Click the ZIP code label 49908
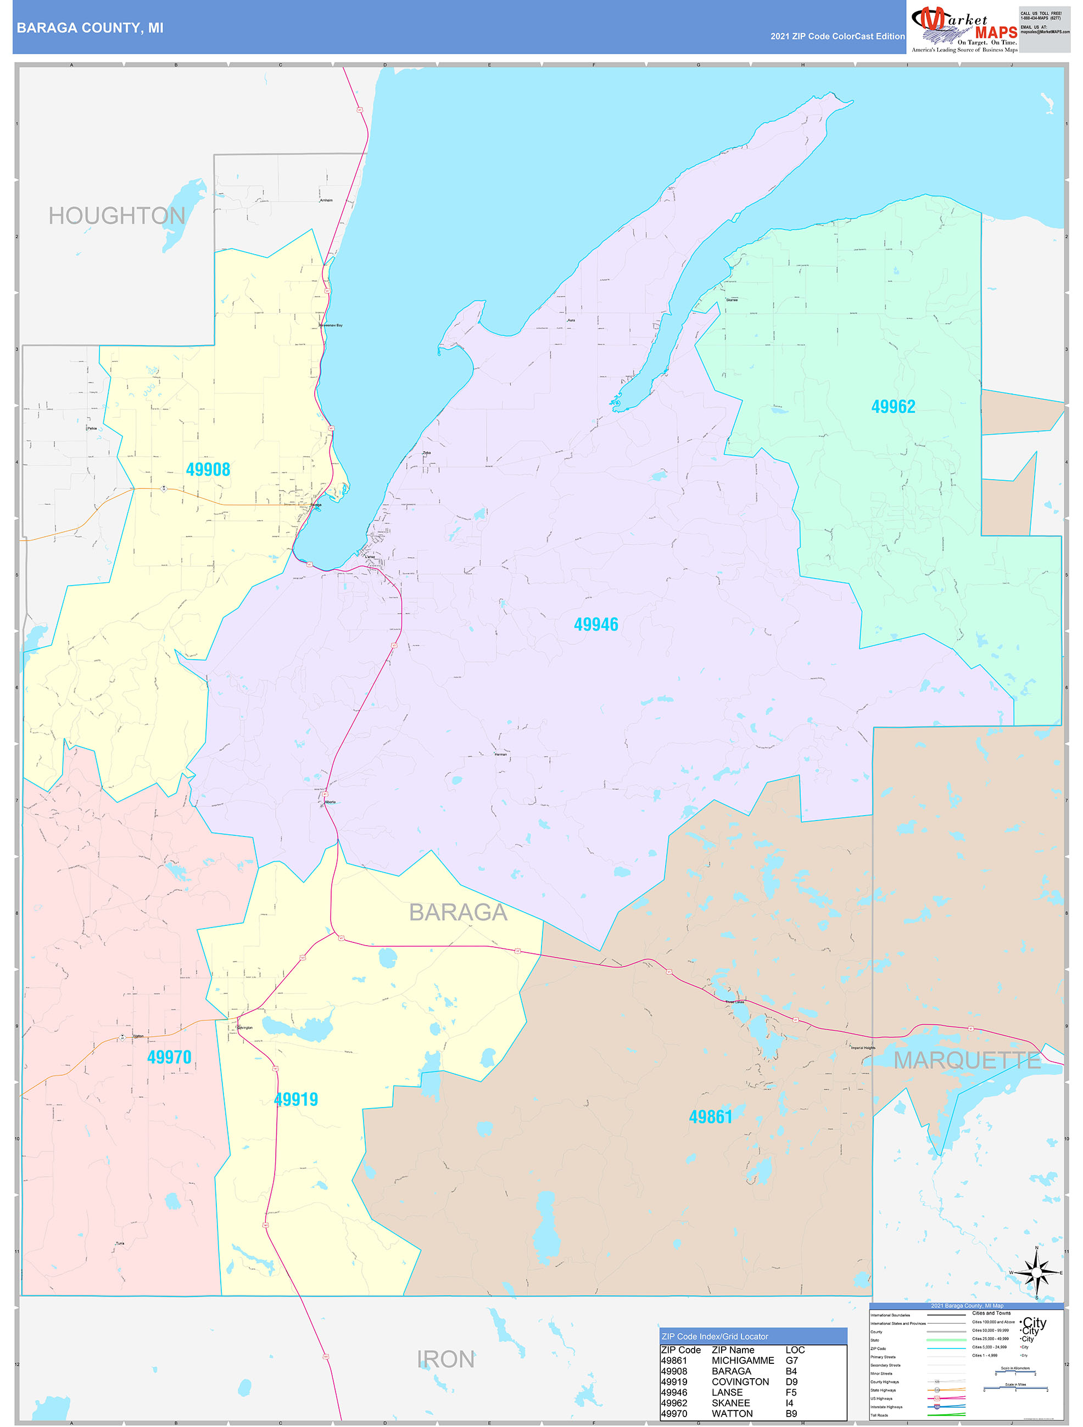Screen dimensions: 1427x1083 (x=208, y=470)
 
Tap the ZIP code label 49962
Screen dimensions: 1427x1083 (x=893, y=407)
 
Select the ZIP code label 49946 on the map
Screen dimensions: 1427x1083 (x=596, y=625)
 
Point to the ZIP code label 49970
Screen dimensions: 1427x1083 (x=169, y=1057)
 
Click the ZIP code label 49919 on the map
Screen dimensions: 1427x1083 (x=296, y=1099)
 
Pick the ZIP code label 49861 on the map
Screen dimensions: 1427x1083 (x=711, y=1117)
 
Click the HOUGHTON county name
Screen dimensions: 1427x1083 (x=117, y=216)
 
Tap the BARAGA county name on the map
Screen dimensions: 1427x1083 (x=458, y=912)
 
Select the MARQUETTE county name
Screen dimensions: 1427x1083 (x=966, y=1060)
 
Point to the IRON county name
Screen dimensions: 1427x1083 (x=445, y=1360)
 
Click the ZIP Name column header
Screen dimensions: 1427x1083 (x=733, y=1350)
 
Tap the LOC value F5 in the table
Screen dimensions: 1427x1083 (x=791, y=1392)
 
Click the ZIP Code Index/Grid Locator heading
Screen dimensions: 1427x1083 (x=714, y=1336)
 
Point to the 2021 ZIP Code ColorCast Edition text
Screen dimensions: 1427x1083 (x=837, y=37)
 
